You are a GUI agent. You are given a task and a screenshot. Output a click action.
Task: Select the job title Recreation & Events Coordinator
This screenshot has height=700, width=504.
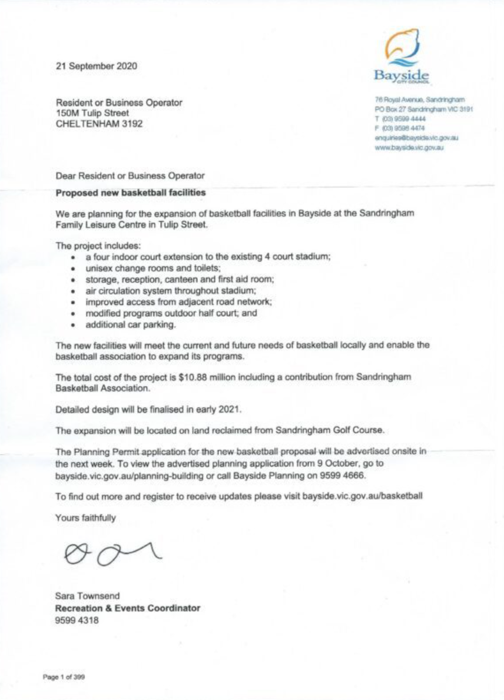click(127, 608)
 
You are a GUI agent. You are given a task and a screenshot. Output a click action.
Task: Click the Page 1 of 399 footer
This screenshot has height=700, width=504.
click(64, 677)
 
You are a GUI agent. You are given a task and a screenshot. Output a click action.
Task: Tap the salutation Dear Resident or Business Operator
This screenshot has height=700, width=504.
click(130, 175)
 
